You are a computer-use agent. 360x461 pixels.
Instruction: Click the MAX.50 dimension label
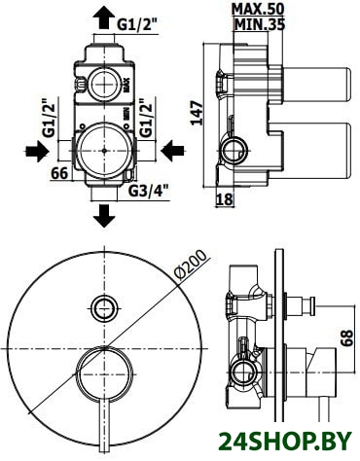tap(258, 9)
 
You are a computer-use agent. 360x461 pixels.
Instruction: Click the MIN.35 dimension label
tap(259, 24)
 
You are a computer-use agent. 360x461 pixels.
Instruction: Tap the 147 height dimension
tap(197, 114)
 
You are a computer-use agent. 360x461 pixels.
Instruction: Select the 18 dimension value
tap(225, 199)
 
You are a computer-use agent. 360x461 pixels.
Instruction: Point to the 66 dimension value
tap(59, 173)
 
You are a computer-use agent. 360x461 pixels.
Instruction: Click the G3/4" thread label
tap(149, 192)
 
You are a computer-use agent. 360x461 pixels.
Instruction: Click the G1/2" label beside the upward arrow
tap(137, 25)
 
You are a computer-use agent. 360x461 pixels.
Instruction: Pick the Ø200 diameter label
tap(190, 265)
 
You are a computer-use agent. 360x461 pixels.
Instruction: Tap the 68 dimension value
tap(346, 338)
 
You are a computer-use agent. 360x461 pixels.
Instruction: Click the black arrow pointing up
tap(104, 19)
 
